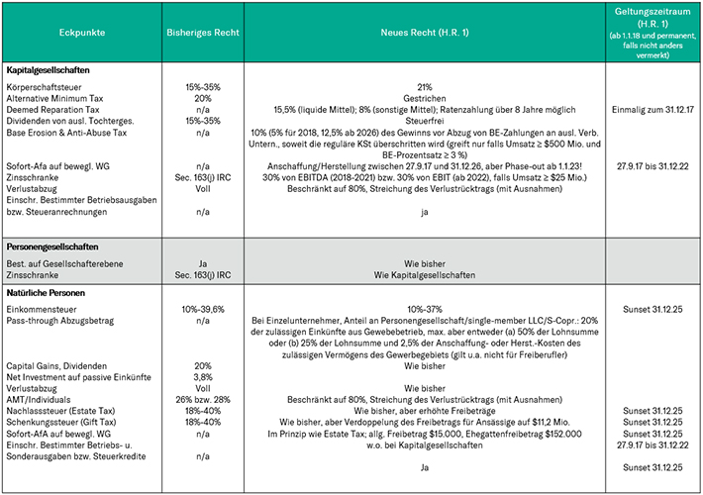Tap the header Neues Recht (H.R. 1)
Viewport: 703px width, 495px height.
[x=424, y=34]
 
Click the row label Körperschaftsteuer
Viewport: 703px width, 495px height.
[x=46, y=87]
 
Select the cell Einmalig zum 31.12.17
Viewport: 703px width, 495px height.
[x=650, y=110]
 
